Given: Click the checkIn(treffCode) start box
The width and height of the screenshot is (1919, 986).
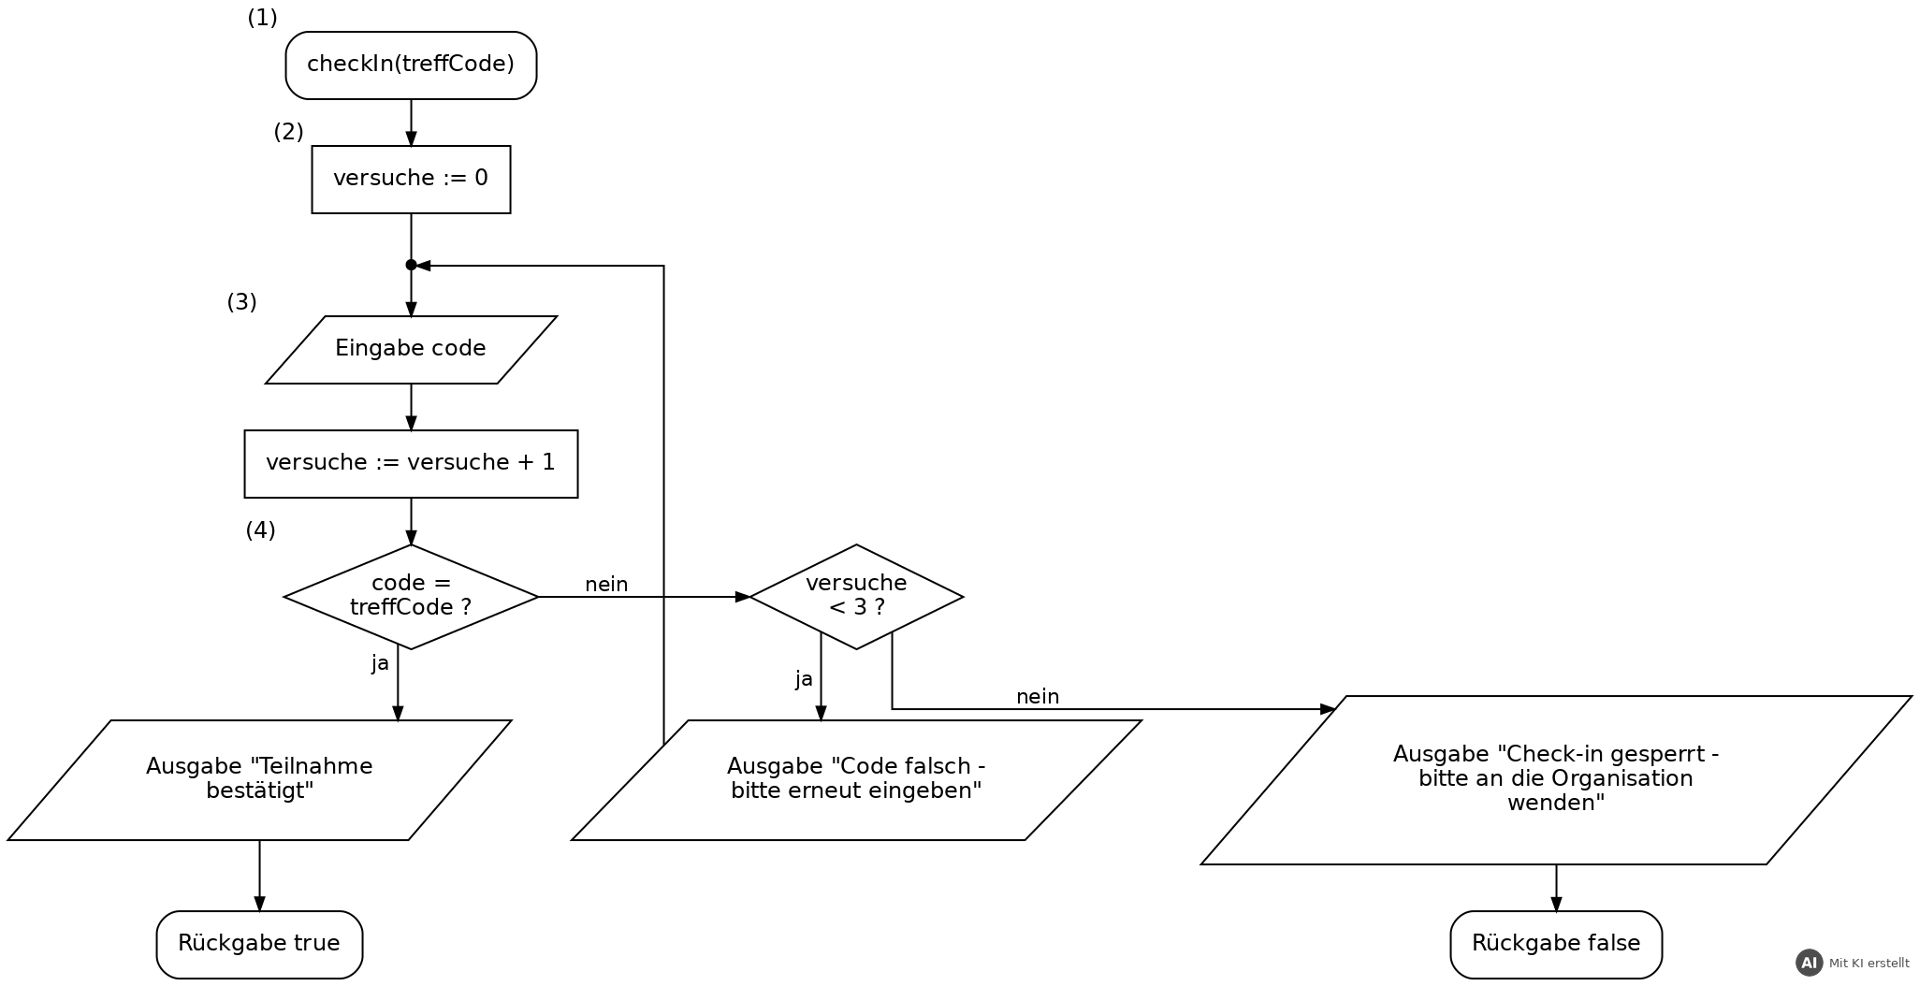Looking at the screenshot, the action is [411, 65].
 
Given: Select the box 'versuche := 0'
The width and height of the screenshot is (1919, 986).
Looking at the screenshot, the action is [411, 180].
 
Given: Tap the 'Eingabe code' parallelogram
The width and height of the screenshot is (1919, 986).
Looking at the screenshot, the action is [411, 350].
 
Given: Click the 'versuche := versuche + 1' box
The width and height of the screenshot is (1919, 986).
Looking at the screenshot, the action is [411, 464].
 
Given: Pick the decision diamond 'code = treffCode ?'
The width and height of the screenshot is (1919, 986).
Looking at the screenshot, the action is [411, 597].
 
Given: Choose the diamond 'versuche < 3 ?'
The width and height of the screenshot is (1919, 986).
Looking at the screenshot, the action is [856, 597].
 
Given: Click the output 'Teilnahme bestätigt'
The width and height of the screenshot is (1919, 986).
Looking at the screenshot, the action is [259, 780].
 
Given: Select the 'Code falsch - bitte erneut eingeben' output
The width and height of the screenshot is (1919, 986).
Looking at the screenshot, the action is [856, 780].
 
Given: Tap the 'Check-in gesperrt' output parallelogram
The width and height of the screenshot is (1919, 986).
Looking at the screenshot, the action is [1556, 780].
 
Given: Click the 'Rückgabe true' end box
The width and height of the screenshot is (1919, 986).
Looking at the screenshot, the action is [259, 945].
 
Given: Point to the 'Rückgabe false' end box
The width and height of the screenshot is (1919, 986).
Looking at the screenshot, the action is [1556, 945].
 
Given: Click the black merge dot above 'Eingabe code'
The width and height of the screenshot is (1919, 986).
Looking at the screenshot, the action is [411, 266].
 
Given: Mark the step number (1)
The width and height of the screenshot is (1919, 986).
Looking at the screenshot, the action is [262, 18].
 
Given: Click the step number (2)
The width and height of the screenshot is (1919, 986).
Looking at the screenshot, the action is [288, 132].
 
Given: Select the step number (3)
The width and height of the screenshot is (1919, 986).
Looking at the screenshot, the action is [241, 302].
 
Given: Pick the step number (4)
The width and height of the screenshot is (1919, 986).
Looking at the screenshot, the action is [260, 530].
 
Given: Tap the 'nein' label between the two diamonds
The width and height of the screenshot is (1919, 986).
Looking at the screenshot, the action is [606, 585].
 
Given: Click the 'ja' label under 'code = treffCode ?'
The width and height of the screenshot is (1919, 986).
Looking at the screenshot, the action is [380, 663].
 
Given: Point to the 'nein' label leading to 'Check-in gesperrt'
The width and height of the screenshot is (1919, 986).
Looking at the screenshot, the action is [1038, 697].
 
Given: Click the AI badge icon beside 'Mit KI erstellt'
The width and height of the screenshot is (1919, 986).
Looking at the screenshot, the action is [1810, 963].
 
